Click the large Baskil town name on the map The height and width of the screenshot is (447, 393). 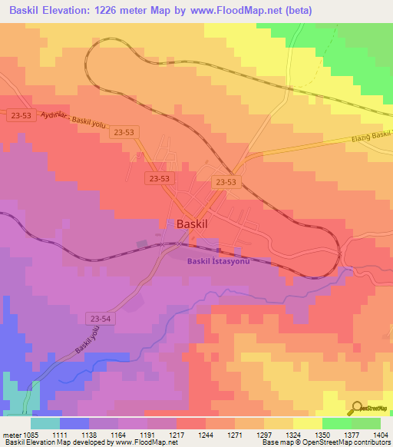193,223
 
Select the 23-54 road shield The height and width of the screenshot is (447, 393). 100,316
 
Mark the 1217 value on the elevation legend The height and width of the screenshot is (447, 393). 176,433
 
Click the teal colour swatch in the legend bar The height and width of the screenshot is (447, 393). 45,423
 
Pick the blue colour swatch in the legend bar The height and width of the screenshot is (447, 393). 74,423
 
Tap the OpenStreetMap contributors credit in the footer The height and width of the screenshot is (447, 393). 338,443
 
